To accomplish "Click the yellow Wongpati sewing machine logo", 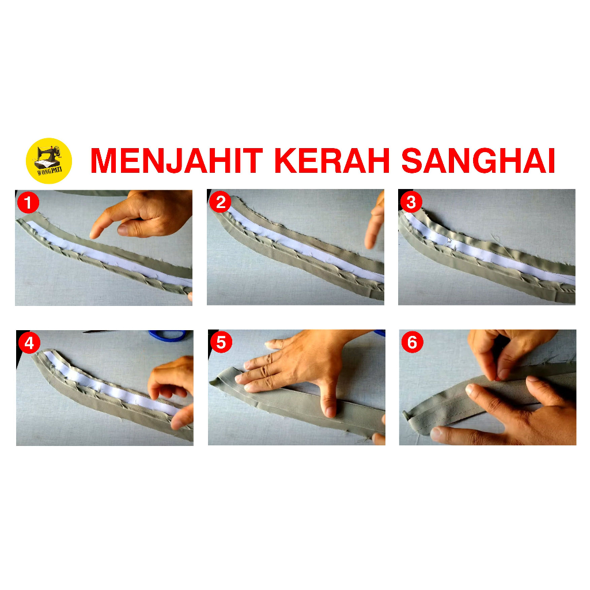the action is [x=49, y=161].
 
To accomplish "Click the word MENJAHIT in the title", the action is [x=176, y=161].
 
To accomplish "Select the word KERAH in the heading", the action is [x=332, y=161].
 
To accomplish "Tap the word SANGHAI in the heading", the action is [x=478, y=161].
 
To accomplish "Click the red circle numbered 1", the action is [x=28, y=203].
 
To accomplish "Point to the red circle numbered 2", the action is [x=220, y=202].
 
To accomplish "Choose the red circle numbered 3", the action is [x=411, y=202].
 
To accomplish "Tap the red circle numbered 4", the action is [x=29, y=343].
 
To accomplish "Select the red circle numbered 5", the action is [x=221, y=342].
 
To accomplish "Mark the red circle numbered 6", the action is [x=413, y=342].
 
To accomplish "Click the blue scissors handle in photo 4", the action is [x=168, y=335].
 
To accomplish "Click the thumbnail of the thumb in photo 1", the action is [x=124, y=229].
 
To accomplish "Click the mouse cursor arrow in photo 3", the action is [x=449, y=240].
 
